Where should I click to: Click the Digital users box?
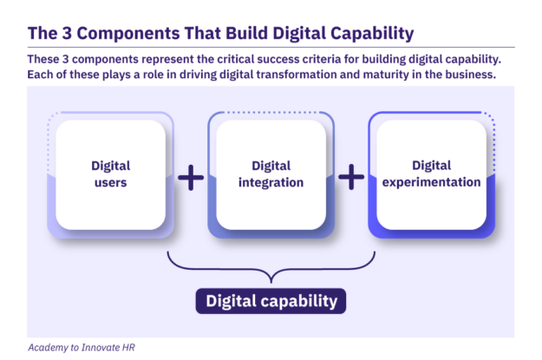click(x=111, y=174)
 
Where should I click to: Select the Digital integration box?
click(x=271, y=174)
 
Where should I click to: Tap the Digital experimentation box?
click(x=431, y=174)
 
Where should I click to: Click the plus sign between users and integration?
click(x=191, y=178)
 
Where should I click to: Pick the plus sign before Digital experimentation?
click(x=351, y=177)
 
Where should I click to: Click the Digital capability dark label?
click(x=271, y=301)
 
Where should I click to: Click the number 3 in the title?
click(x=67, y=34)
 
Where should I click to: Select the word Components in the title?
click(x=127, y=34)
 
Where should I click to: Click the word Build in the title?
click(x=247, y=33)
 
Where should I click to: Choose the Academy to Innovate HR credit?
click(x=82, y=348)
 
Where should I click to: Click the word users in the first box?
click(x=111, y=182)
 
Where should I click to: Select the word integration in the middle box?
click(x=271, y=182)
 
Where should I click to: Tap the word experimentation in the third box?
click(x=431, y=182)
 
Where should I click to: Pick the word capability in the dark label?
click(x=299, y=302)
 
